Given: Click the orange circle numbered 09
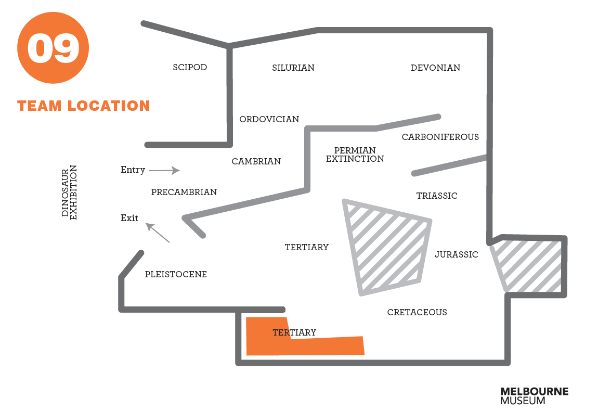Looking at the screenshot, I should [53, 48].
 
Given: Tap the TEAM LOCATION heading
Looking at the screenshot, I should [84, 106].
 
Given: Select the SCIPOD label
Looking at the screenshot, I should [190, 68].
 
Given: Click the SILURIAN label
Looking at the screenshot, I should [293, 68].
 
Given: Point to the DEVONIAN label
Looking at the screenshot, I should [435, 68].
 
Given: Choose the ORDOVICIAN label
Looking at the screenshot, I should [269, 120].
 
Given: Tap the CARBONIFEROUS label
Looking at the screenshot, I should [440, 137].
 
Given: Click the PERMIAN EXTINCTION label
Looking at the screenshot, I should [355, 155].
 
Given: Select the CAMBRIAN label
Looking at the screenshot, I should [256, 162].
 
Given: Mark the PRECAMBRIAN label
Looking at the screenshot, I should [184, 192].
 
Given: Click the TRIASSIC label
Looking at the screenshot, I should [437, 196].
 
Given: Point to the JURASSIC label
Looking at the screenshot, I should [456, 255].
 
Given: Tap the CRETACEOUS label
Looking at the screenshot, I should [417, 313].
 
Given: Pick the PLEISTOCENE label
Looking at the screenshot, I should [176, 275].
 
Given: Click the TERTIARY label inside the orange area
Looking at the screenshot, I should [294, 333].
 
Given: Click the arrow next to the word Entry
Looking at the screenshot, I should [164, 170].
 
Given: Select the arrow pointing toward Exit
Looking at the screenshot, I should [158, 233].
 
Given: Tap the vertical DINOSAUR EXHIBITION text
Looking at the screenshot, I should [69, 192].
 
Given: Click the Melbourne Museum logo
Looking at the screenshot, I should [534, 396].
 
